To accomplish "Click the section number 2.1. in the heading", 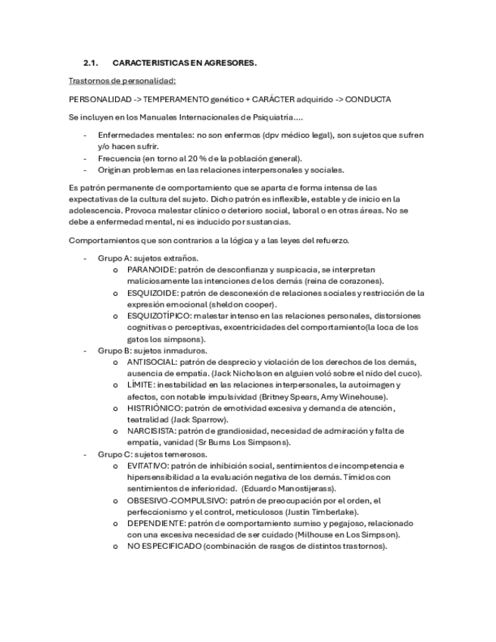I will click(x=91, y=63).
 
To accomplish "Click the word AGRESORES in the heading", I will click(x=228, y=63).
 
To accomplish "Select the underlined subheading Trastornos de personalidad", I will click(x=122, y=80).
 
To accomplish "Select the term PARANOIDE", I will click(x=151, y=270).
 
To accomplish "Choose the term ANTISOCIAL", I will click(x=153, y=363).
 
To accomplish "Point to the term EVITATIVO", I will click(x=147, y=466).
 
